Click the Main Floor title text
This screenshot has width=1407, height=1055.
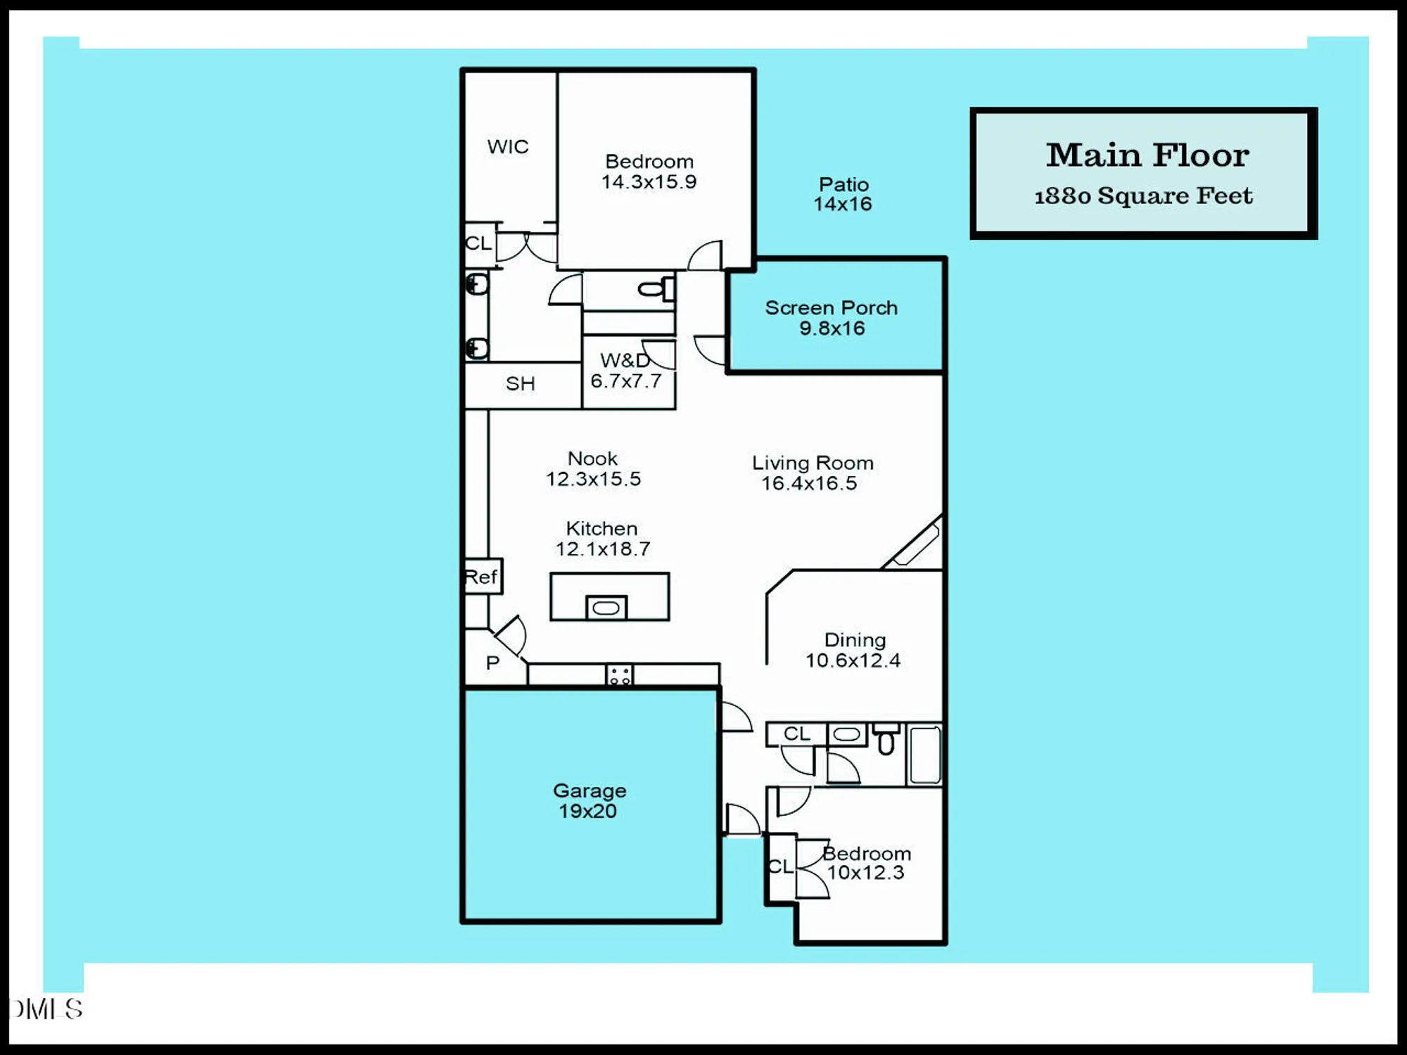click(x=1147, y=155)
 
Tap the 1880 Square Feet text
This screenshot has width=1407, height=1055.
click(x=1143, y=196)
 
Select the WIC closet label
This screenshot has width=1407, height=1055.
click(x=507, y=147)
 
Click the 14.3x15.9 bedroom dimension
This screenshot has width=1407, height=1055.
click(x=649, y=181)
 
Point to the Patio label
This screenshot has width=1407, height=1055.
click(x=843, y=184)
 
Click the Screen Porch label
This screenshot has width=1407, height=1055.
click(x=831, y=308)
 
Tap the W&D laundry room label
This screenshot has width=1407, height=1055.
click(x=624, y=361)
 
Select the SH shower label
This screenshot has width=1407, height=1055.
click(x=520, y=384)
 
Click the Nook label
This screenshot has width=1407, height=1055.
click(x=592, y=459)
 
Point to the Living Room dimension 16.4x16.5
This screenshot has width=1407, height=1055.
click(x=809, y=483)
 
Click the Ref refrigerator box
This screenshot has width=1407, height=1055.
click(x=483, y=577)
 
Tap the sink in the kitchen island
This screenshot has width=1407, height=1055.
click(x=606, y=608)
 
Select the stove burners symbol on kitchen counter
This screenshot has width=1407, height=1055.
click(x=619, y=676)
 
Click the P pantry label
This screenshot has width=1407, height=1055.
click(x=492, y=663)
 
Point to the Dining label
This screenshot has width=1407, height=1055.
click(x=855, y=640)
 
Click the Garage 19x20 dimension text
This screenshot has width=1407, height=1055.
click(x=587, y=811)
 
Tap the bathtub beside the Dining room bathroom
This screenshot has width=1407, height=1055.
click(x=924, y=755)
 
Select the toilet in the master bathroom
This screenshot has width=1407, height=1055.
click(x=654, y=288)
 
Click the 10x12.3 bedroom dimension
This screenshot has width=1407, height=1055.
click(x=865, y=873)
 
